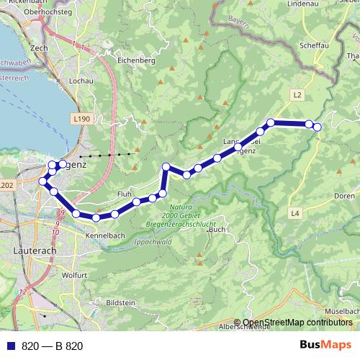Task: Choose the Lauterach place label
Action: [34, 251]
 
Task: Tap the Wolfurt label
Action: [75, 275]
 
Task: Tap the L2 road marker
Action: [297, 94]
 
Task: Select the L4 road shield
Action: [295, 213]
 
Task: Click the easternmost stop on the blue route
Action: [317, 127]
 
